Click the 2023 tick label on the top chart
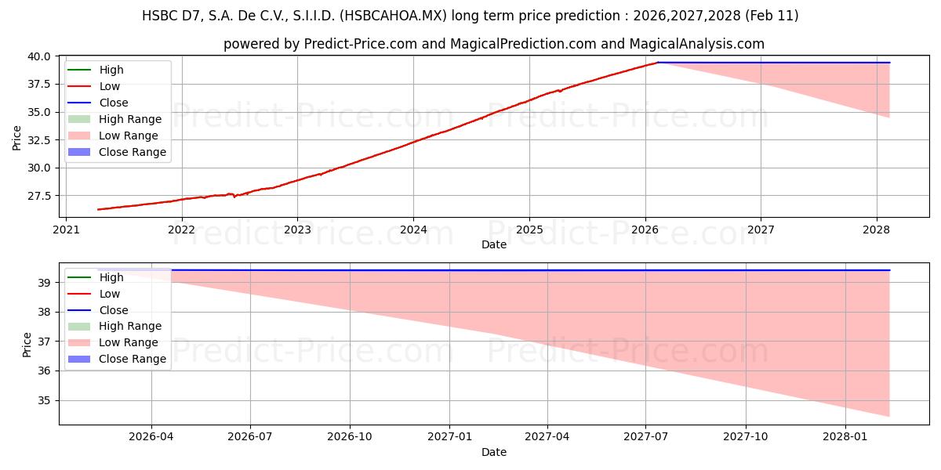[x=297, y=230]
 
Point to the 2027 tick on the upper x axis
[x=761, y=230]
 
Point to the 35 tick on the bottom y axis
[x=45, y=400]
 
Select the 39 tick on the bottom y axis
[x=45, y=283]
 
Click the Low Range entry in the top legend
[x=130, y=136]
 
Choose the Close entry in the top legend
[x=114, y=103]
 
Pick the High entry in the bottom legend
[x=111, y=277]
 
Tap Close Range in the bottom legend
[x=133, y=359]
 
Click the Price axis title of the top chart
[x=17, y=137]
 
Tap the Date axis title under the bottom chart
[x=494, y=452]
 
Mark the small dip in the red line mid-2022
[x=234, y=196]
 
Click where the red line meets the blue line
[x=658, y=63]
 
